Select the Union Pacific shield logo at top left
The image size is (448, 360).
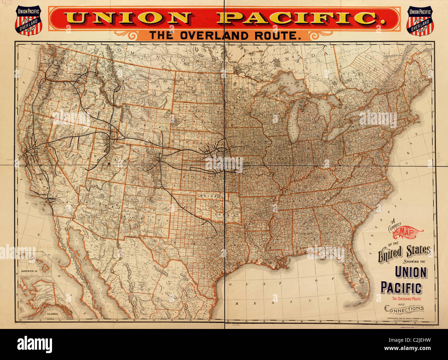(x=28, y=20)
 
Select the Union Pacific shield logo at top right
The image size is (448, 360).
(x=420, y=20)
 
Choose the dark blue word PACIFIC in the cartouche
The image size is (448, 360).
(x=401, y=288)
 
